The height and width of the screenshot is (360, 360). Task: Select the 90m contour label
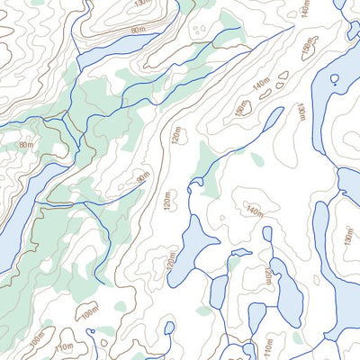pos(142,177)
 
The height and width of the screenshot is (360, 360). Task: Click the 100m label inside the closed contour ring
pos(89,311)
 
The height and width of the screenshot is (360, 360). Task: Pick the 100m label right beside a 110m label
pos(36,340)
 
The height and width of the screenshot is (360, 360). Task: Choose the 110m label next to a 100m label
pos(63,346)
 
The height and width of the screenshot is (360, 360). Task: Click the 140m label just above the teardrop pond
pos(254,211)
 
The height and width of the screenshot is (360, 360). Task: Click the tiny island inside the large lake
pos(334,79)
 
